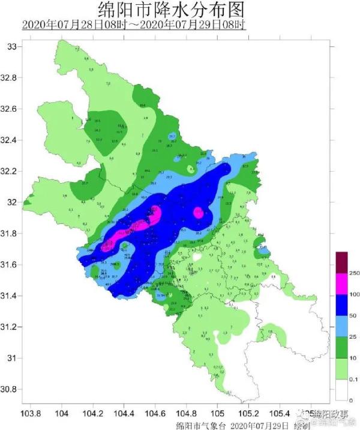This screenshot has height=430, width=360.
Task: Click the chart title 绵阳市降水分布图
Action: tap(171, 10)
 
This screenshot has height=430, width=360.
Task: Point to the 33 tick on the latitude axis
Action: tap(12, 47)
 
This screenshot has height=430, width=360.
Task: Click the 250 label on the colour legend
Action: tap(354, 273)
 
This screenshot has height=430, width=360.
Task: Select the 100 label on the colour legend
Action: tap(354, 294)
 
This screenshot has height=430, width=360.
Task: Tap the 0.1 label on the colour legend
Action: tap(354, 378)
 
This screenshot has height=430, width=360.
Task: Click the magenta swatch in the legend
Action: tap(341, 283)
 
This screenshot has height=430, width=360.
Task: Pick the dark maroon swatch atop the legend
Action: tap(341, 262)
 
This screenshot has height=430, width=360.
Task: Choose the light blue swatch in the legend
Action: tap(341, 326)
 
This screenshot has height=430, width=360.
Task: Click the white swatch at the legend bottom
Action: tap(341, 389)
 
